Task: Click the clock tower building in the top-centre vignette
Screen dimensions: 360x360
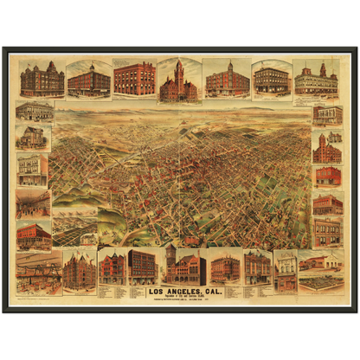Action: (179, 81)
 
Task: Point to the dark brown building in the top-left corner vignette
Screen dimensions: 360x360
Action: (42, 80)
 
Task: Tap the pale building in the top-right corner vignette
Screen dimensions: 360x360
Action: (316, 80)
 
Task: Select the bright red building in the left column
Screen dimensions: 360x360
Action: (32, 235)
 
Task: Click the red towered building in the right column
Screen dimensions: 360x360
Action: (327, 150)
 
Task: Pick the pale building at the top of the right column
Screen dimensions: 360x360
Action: (327, 115)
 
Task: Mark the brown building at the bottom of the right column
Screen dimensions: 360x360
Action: (327, 232)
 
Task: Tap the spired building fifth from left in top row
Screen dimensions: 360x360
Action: (228, 80)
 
